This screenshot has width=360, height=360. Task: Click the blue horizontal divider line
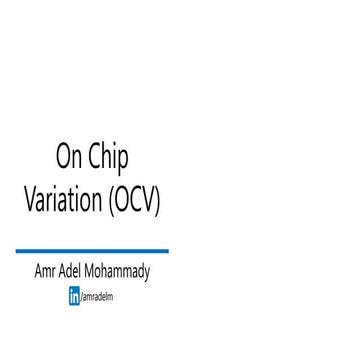point(92,251)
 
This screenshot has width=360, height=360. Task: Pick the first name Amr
point(45,272)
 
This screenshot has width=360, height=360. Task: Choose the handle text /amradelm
point(97,297)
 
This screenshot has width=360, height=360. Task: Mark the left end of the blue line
point(18,251)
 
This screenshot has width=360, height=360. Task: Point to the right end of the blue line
point(167,251)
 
